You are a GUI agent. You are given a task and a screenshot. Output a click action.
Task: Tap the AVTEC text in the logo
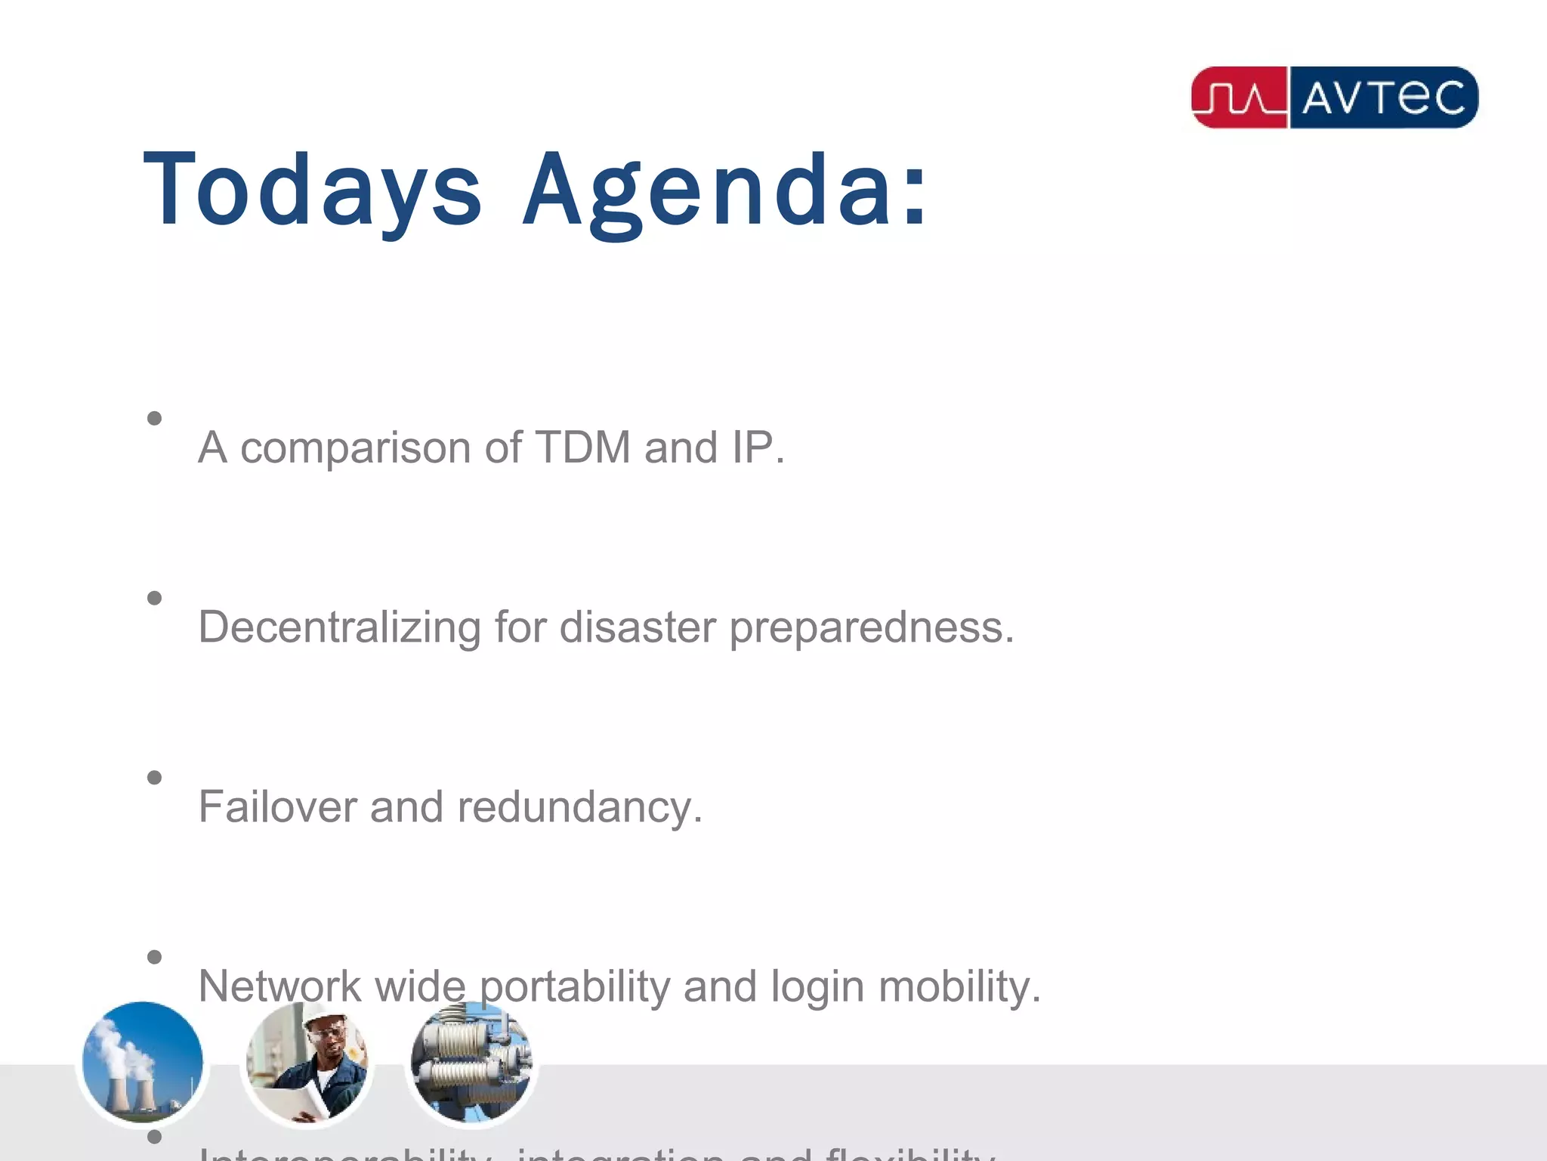click(x=1383, y=98)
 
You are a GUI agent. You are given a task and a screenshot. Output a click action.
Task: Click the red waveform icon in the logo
click(x=1240, y=98)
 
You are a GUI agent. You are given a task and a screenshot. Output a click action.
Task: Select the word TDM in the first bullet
click(x=582, y=447)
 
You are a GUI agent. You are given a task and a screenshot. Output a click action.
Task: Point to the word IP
click(x=752, y=447)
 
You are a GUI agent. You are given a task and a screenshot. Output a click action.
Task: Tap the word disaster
click(x=637, y=627)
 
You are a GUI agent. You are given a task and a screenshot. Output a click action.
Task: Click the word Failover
click(x=277, y=807)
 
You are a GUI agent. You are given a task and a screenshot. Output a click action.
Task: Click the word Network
click(x=279, y=986)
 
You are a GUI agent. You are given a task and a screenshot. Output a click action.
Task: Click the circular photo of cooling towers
click(x=142, y=1062)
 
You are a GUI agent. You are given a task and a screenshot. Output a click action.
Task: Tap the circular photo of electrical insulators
click(x=471, y=1062)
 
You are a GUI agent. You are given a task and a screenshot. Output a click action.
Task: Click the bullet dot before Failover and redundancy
click(x=155, y=778)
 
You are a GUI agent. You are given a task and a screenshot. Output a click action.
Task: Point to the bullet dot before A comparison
click(x=155, y=418)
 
